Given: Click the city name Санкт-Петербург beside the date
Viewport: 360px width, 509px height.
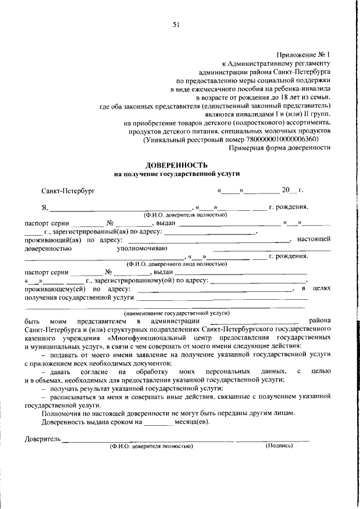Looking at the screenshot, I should tap(68, 191).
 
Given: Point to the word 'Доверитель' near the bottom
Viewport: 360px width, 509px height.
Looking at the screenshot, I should tap(43, 438).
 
